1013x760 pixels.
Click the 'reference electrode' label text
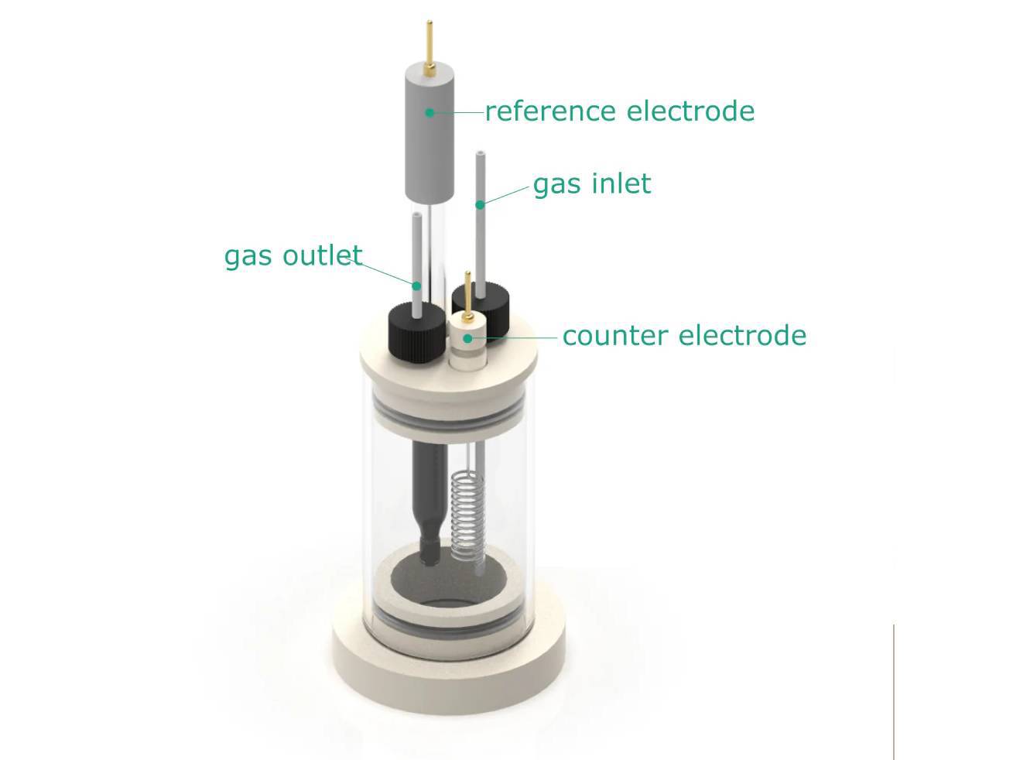[x=619, y=111]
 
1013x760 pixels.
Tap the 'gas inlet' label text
[x=592, y=184]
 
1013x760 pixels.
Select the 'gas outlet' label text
[x=293, y=255]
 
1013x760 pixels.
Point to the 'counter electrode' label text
[x=684, y=336]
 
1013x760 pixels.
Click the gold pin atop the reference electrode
[x=428, y=43]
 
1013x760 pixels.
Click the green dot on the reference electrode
[x=429, y=113]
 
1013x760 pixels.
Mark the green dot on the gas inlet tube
[x=480, y=204]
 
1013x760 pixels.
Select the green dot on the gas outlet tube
[x=416, y=286]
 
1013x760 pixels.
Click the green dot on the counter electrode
[x=467, y=338]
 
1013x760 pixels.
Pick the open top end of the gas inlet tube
[x=480, y=155]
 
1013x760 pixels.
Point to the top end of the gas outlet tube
[x=416, y=217]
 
